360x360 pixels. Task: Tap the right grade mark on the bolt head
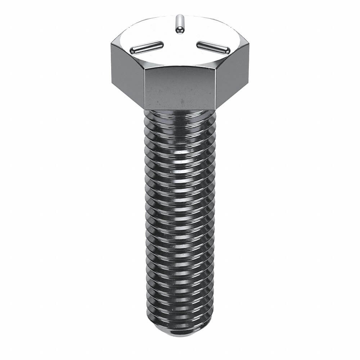(212, 47)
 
